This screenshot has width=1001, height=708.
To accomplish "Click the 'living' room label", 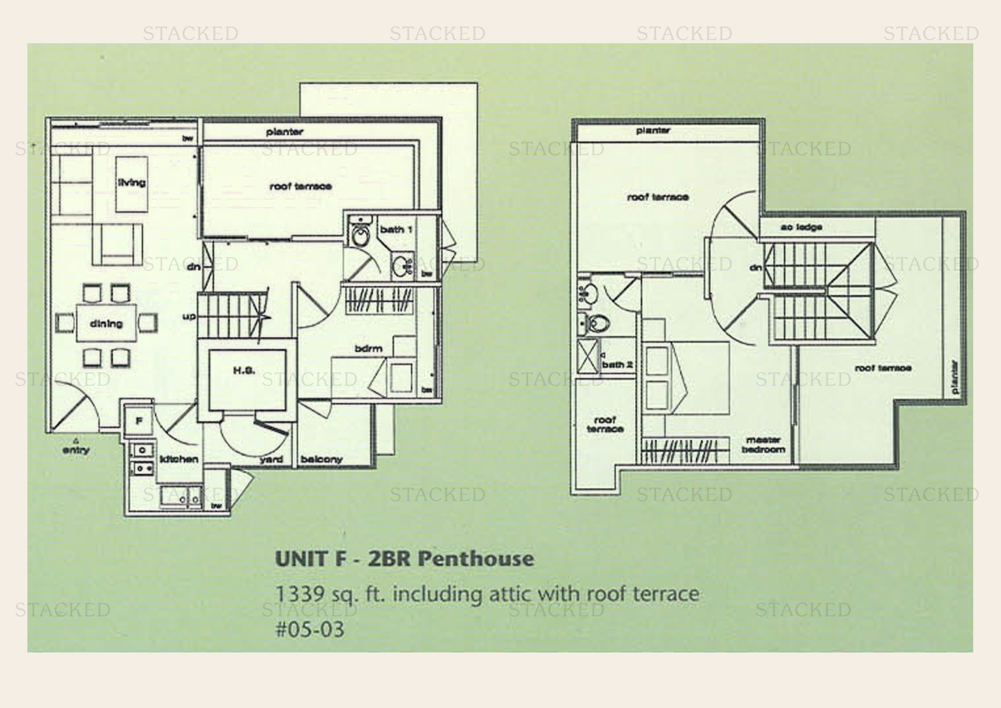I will point(131,183).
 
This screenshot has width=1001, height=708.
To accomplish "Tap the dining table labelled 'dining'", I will point(106,324).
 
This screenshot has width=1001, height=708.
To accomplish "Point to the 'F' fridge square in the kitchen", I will point(139,421).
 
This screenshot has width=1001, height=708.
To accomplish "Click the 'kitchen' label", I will point(179,459).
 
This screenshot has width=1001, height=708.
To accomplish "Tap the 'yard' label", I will point(271,459).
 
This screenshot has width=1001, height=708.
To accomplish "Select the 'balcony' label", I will point(321,459).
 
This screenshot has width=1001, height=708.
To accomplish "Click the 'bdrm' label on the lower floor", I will point(368,348).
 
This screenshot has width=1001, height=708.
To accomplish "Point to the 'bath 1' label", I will point(396,229).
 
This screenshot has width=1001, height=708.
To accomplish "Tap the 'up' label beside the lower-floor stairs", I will point(189,316).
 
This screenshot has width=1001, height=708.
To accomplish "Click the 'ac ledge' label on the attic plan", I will point(801,227).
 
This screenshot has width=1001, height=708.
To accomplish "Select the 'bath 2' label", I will point(617,364).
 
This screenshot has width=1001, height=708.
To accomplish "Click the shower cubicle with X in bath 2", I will point(588,356).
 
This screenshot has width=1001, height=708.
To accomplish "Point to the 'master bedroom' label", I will point(763,445).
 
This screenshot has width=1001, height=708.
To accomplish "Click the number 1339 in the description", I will point(300,594).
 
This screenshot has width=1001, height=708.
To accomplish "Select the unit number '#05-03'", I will point(310,629).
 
